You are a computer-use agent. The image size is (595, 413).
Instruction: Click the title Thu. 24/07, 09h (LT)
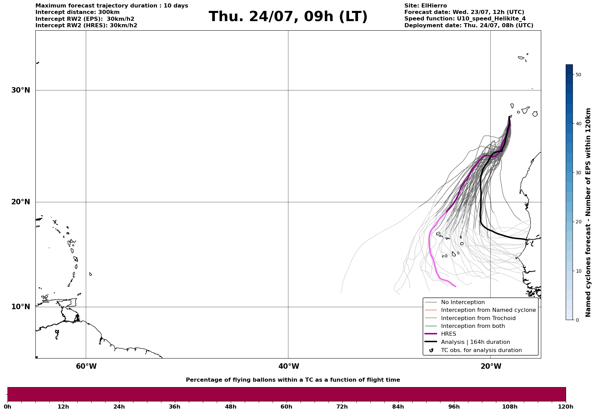point(288,17)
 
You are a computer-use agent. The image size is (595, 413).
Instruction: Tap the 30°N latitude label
point(21,90)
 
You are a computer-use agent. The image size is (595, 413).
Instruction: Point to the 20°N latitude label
point(21,202)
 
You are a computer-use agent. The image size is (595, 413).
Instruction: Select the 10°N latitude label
point(21,307)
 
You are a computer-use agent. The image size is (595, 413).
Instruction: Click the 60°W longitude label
point(86,366)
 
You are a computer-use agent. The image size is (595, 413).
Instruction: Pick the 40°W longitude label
point(289,366)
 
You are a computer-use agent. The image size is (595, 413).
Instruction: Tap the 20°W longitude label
point(491,366)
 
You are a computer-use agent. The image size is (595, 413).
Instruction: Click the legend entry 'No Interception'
point(463,302)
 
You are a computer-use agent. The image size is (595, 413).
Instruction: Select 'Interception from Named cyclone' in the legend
point(488,310)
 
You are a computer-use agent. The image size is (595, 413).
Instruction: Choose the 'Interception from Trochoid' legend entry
point(478,318)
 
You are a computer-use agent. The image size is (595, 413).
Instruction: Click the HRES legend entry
point(448,334)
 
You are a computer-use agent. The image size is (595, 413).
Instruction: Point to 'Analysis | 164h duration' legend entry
point(475,342)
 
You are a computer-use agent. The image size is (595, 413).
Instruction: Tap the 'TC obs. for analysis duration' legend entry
point(481,350)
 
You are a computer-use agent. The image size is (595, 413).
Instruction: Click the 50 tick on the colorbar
point(578,75)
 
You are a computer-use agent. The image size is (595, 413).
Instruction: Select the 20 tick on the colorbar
point(578,222)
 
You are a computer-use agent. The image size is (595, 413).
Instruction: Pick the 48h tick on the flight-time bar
point(230,407)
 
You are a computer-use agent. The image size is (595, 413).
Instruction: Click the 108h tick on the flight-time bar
point(510,407)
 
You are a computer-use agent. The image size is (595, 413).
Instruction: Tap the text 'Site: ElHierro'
point(425,6)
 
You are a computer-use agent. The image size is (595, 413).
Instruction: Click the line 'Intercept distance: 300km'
point(78,12)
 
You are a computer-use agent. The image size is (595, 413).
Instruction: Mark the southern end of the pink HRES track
point(455,286)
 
